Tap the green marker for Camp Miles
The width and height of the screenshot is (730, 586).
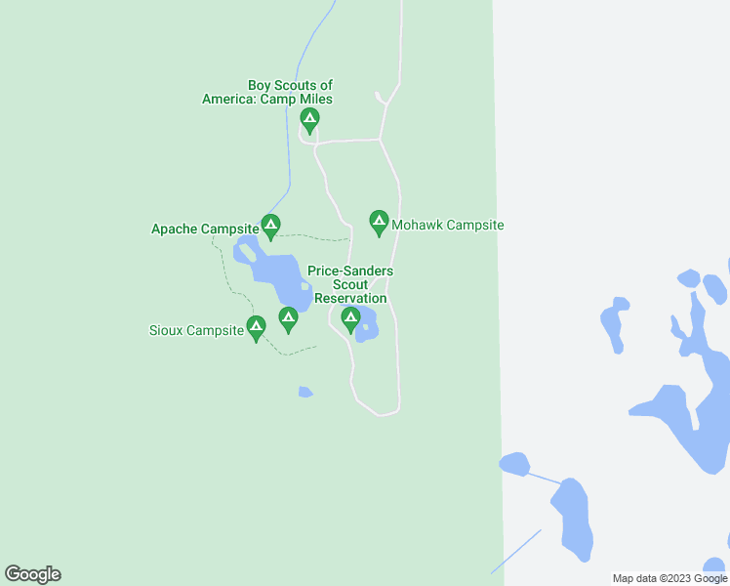(x=309, y=121)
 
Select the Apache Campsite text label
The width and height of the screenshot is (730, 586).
(x=204, y=230)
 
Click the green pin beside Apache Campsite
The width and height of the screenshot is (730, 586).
(x=270, y=227)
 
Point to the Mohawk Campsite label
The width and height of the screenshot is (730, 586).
(x=447, y=225)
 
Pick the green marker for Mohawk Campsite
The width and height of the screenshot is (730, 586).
(x=379, y=223)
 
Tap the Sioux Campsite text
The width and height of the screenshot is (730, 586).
(x=196, y=330)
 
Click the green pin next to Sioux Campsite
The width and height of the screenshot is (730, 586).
(x=256, y=328)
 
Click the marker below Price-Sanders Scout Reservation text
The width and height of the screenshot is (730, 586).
(x=350, y=318)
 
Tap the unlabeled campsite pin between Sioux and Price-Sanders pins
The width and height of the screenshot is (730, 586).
(x=288, y=318)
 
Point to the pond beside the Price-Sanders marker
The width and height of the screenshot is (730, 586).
(x=367, y=325)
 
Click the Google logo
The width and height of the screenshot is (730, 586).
(x=32, y=574)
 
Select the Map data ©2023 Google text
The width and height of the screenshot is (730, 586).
(x=669, y=578)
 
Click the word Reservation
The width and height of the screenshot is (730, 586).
(x=350, y=298)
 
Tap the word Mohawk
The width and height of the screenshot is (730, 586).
(x=417, y=225)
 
